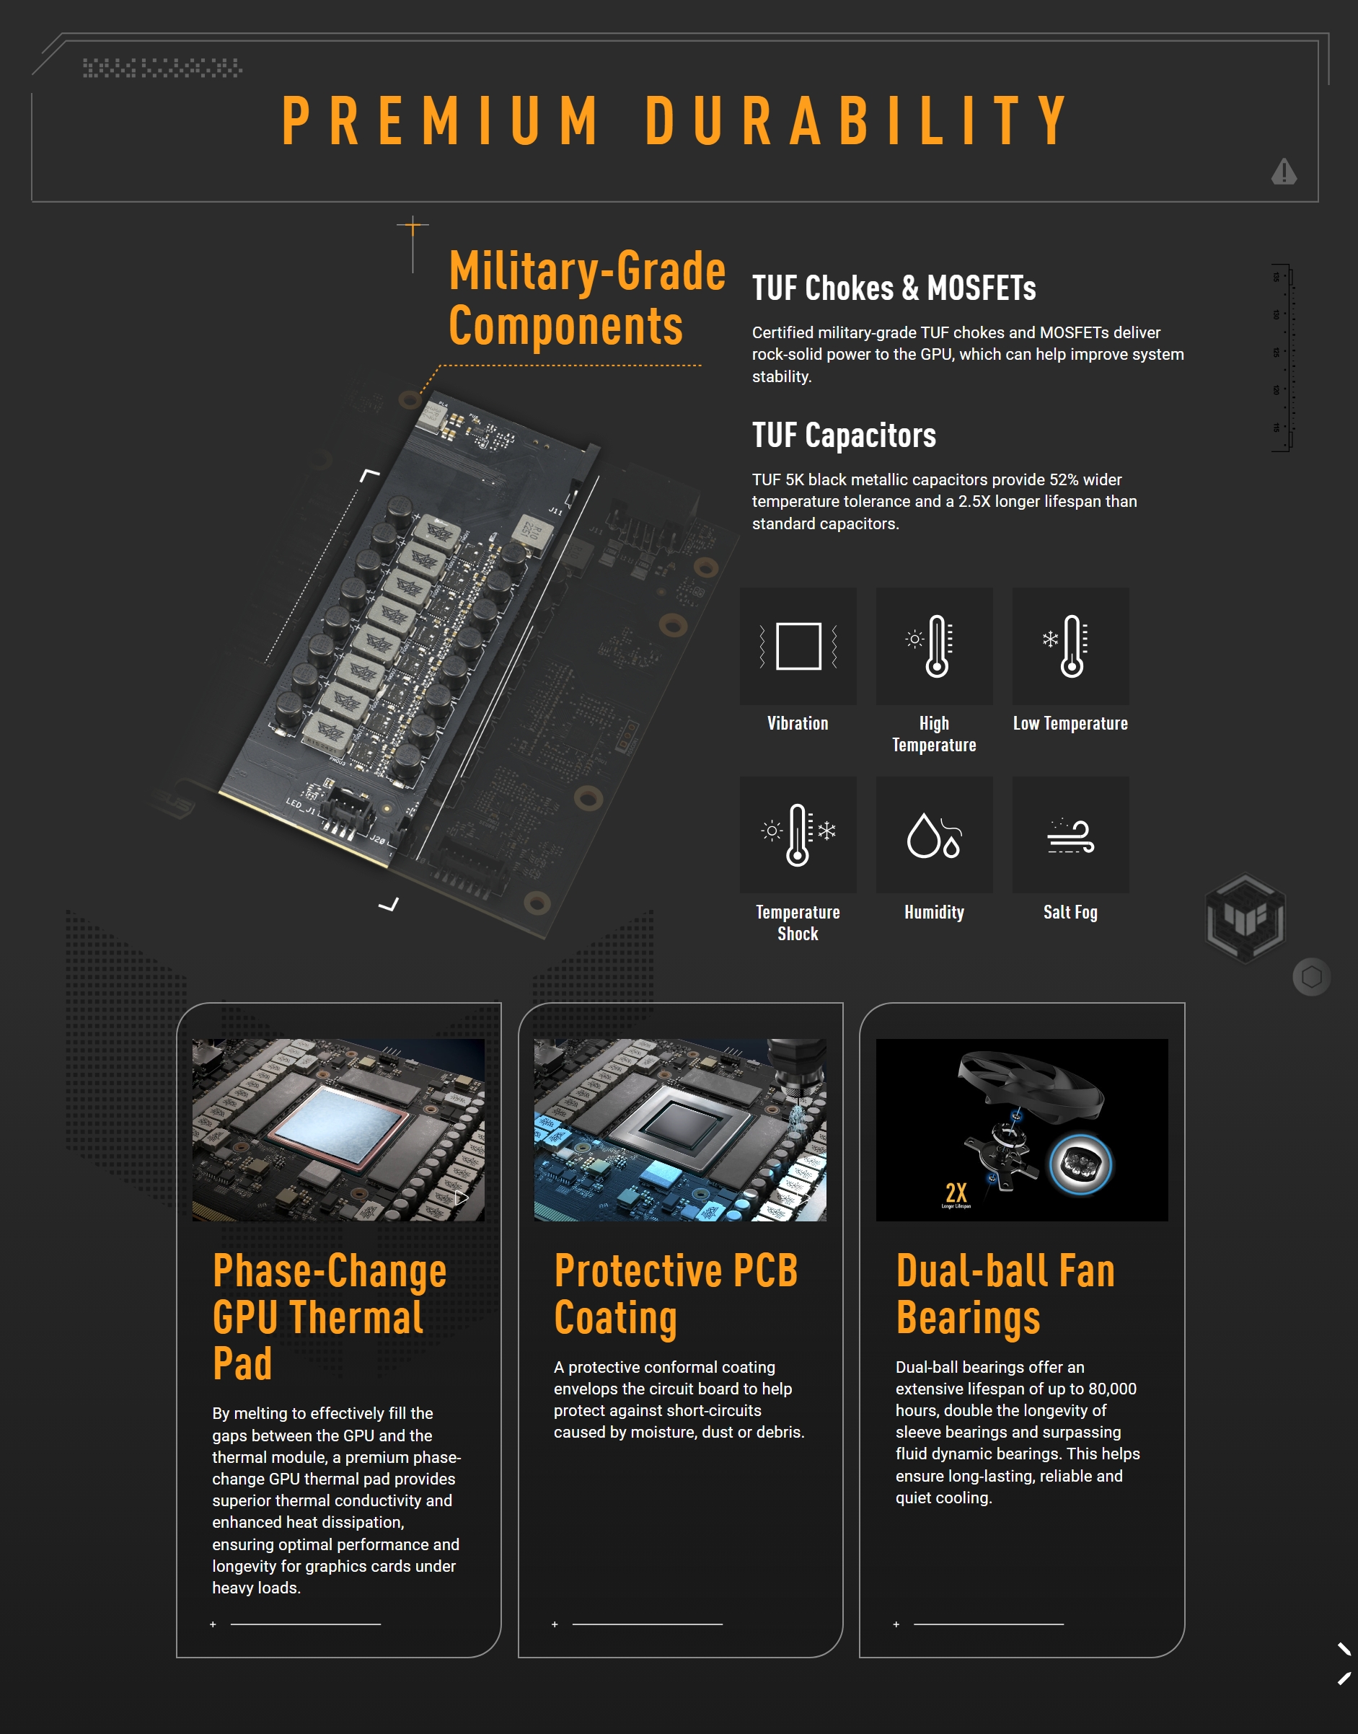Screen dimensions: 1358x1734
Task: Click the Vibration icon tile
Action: [798, 645]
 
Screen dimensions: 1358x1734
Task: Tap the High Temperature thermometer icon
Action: [934, 645]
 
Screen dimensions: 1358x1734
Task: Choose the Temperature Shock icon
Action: [798, 834]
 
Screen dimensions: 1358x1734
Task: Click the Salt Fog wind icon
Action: [1070, 834]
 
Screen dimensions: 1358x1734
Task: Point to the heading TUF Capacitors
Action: [844, 435]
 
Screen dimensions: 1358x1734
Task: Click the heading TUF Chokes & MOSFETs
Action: [894, 288]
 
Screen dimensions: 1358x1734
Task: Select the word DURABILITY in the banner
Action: [857, 121]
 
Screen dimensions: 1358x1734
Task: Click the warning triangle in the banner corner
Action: [1283, 171]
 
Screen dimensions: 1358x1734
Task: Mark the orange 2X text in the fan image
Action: [956, 1192]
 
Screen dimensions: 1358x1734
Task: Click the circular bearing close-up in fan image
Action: [1080, 1164]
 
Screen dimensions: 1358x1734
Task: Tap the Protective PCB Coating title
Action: [676, 1293]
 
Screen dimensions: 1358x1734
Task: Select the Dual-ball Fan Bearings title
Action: [1005, 1293]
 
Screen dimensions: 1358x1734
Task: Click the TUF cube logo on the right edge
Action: [1245, 918]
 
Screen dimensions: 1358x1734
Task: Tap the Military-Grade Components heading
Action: [587, 298]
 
